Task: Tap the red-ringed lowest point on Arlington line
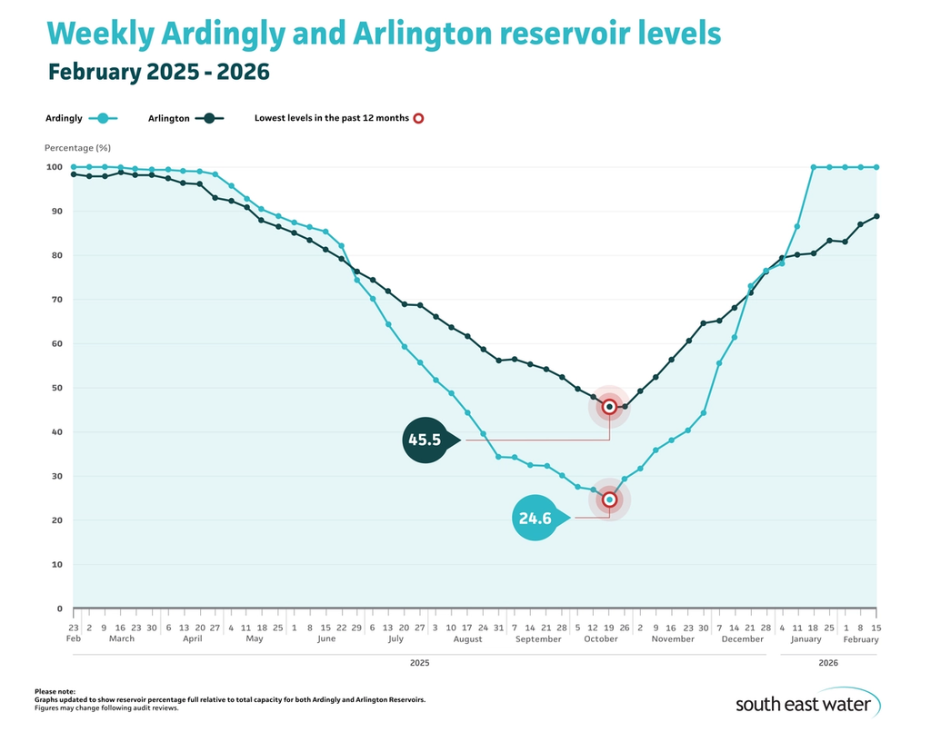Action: point(609,407)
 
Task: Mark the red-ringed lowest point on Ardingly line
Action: point(609,500)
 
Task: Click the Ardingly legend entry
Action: point(81,118)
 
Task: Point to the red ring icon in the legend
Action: point(418,118)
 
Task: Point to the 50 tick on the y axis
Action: point(55,388)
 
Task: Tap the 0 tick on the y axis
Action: point(58,608)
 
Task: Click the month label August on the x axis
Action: point(466,639)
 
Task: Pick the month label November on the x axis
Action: point(672,639)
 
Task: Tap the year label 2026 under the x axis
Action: point(827,663)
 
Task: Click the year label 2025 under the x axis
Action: point(418,663)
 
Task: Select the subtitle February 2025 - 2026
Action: point(159,72)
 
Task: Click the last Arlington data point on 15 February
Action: point(876,216)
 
